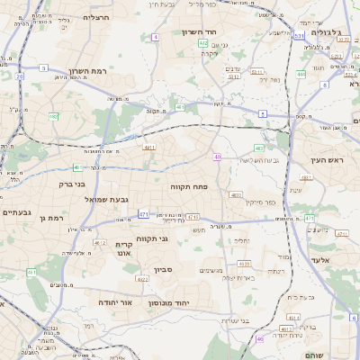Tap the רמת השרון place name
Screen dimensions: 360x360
[x=98, y=70]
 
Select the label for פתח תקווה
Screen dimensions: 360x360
[x=188, y=185]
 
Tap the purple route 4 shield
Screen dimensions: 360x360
[x=156, y=37]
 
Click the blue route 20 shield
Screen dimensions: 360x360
[x=20, y=76]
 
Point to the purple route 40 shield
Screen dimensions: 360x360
[x=217, y=157]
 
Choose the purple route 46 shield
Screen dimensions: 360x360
[x=260, y=338]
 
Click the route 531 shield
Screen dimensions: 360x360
[x=298, y=36]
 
